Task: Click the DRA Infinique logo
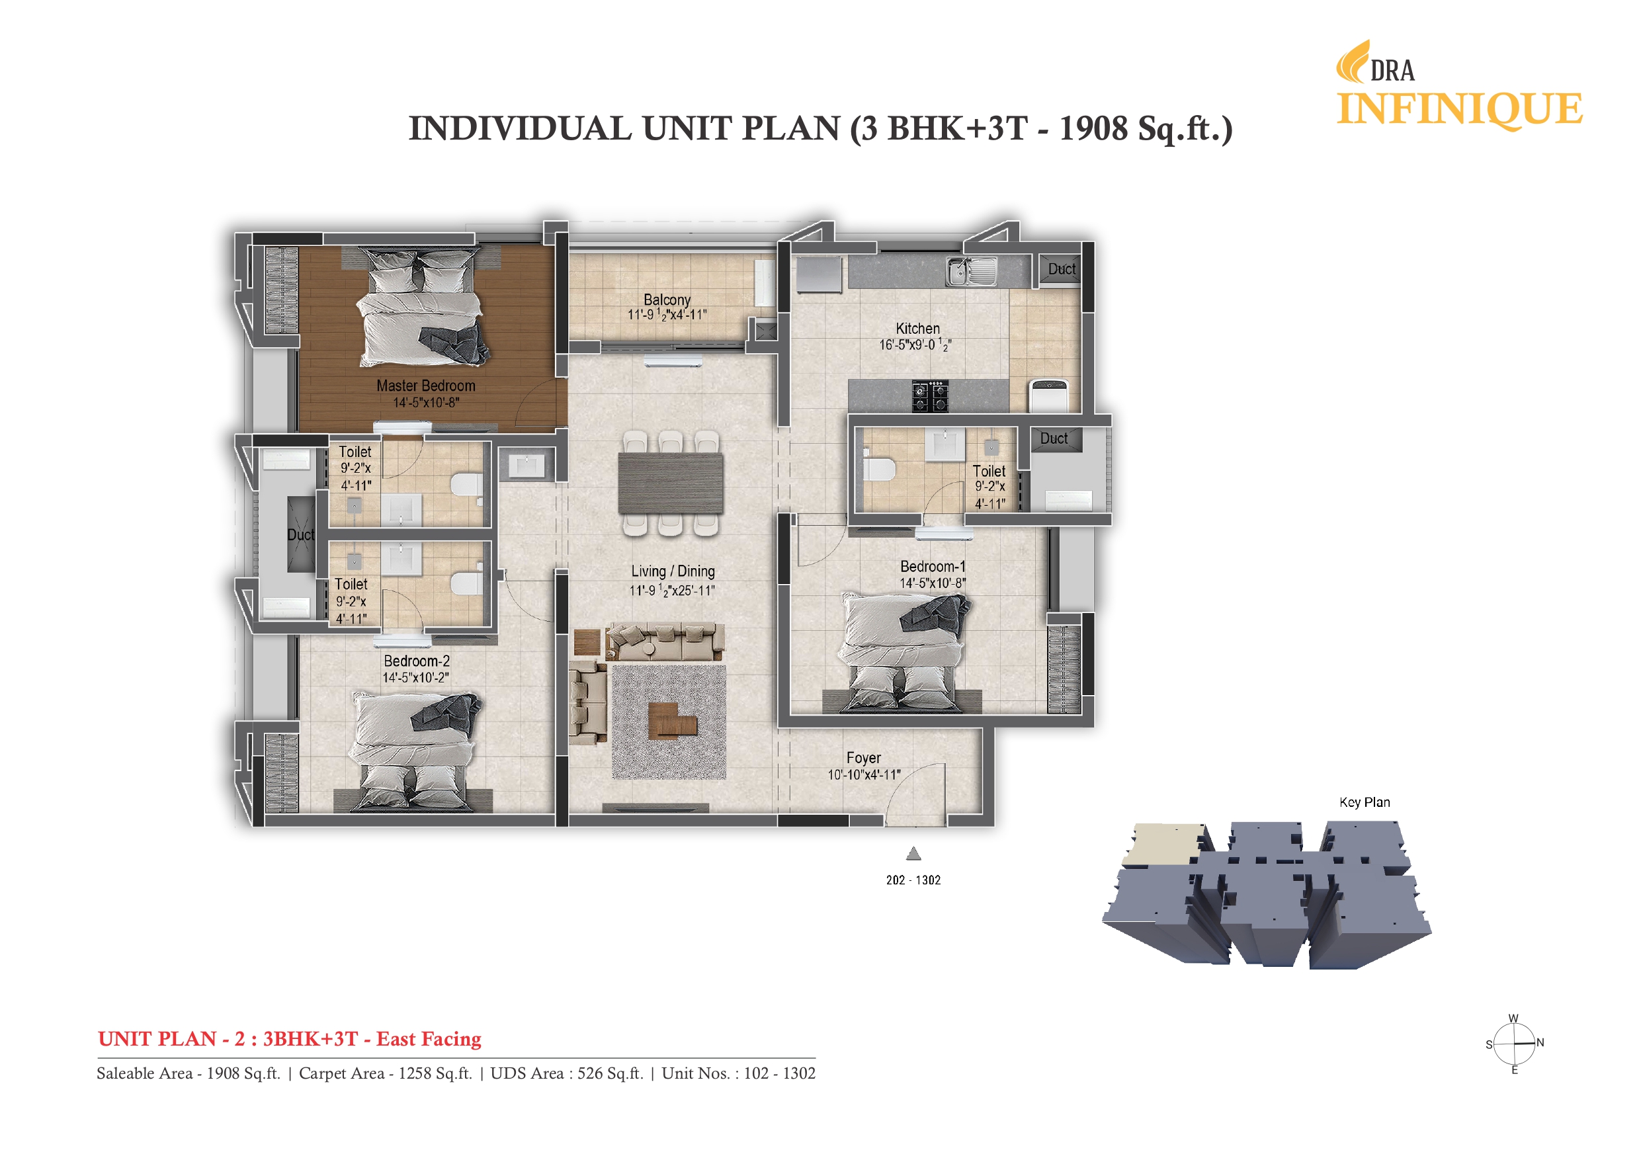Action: [x=1457, y=86]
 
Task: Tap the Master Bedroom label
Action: [x=426, y=386]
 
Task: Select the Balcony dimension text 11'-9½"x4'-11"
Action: [x=667, y=315]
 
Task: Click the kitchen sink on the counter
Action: [x=972, y=272]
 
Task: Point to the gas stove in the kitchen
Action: [x=930, y=396]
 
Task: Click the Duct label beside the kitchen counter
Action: [x=1062, y=269]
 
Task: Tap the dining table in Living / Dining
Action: [x=671, y=483]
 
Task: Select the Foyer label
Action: [x=863, y=758]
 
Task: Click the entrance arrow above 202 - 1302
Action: [x=913, y=853]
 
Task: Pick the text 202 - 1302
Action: [x=913, y=880]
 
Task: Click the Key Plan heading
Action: [x=1365, y=802]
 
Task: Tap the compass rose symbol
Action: [x=1515, y=1044]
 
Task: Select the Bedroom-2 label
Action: [x=417, y=661]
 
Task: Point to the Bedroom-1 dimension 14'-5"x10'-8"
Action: [x=932, y=583]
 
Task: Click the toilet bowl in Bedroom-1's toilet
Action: [x=878, y=469]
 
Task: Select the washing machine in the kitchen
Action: [x=1048, y=395]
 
